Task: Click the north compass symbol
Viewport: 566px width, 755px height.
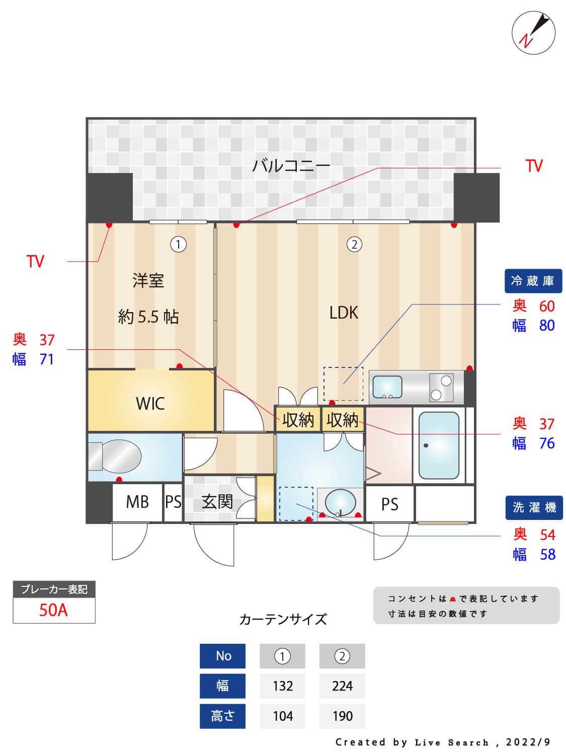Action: point(533,33)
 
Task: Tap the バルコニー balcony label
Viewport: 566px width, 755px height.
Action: point(291,166)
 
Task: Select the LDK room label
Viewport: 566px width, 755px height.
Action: point(344,313)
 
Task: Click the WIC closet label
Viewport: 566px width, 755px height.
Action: point(150,403)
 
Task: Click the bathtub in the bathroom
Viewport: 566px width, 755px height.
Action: point(439,445)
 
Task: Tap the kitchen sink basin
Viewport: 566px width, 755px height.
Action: point(386,387)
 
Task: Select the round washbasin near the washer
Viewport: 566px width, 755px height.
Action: point(340,502)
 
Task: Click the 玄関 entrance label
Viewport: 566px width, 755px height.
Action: point(217,501)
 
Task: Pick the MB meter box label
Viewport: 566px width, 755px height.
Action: point(137,502)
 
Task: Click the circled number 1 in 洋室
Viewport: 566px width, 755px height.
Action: point(178,245)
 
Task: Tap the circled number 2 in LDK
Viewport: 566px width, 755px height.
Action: point(354,245)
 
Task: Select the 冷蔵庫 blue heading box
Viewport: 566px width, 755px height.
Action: point(533,281)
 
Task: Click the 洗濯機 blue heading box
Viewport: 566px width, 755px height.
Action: point(534,507)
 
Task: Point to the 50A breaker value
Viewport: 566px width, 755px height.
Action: point(53,611)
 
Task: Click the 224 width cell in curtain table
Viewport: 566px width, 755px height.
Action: point(342,686)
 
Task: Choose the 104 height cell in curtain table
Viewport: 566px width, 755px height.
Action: point(282,716)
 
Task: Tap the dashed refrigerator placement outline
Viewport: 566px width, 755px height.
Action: point(343,384)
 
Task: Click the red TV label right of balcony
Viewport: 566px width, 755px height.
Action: point(534,166)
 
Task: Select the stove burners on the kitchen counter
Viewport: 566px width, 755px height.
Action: point(441,388)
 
